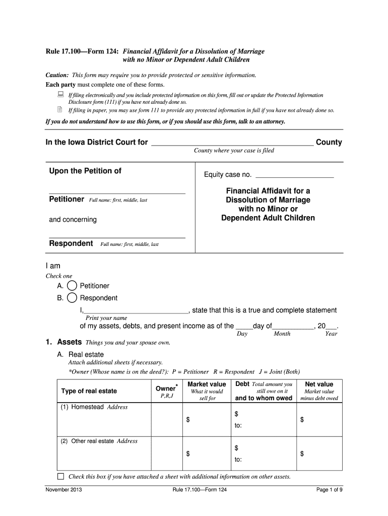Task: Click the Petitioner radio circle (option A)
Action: click(72, 286)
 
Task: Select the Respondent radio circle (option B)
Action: click(72, 298)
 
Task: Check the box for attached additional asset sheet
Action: click(60, 477)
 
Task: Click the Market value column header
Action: click(207, 384)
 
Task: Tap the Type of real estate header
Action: click(89, 391)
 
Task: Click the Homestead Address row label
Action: click(94, 407)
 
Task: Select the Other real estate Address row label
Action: click(99, 441)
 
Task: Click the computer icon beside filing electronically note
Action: click(59, 95)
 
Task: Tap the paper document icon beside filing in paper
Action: click(59, 109)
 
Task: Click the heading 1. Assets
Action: click(64, 342)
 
